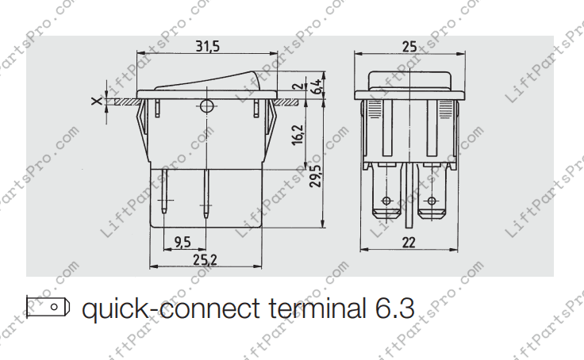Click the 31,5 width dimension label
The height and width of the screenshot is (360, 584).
(208, 48)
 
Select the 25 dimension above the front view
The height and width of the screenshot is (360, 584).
(409, 47)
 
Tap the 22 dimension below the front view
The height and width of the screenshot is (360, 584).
(409, 243)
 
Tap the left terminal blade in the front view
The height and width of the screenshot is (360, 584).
(386, 194)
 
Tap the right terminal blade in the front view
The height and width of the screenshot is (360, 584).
(432, 194)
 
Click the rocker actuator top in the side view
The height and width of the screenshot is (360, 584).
(208, 79)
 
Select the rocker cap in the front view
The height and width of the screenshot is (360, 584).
(409, 79)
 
